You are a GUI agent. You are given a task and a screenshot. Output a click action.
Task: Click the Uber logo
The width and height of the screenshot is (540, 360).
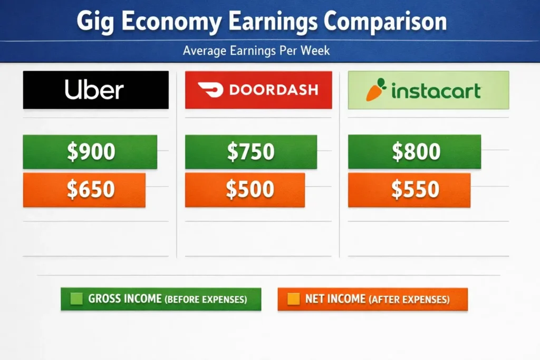[x=95, y=90]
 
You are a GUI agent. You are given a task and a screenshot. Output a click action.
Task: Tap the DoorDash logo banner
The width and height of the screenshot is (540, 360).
[x=258, y=90]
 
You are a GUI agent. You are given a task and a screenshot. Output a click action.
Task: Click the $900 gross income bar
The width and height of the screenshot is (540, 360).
[x=90, y=152]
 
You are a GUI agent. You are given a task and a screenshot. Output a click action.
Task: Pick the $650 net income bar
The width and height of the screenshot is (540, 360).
[x=84, y=190]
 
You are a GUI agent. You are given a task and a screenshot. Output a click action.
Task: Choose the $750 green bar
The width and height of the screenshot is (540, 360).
[x=251, y=152]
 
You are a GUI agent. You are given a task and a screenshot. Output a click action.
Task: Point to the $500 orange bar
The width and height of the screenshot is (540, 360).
[x=245, y=190]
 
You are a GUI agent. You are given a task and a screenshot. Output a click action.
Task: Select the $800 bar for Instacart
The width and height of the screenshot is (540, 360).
[x=414, y=152]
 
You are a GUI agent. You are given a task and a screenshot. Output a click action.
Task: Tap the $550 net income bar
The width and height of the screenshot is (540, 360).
[x=409, y=190]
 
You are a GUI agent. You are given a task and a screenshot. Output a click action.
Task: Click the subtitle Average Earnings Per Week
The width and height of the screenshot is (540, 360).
[x=256, y=52]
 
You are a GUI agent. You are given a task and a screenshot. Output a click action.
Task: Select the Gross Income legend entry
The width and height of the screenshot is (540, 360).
[x=161, y=299]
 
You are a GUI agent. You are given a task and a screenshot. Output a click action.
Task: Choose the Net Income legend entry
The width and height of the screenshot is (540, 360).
[x=372, y=299]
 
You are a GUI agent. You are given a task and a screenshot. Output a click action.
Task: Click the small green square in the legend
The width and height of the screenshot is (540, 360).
[x=77, y=299]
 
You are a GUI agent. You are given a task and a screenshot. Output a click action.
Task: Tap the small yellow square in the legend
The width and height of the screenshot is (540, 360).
[x=294, y=299]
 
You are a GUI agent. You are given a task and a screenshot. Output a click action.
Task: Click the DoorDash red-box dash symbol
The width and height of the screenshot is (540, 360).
[x=210, y=90]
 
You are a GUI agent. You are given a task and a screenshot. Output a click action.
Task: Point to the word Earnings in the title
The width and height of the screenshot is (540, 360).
[x=269, y=22]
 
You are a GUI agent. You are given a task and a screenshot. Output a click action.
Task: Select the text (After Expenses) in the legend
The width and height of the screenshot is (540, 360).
[x=409, y=299]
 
